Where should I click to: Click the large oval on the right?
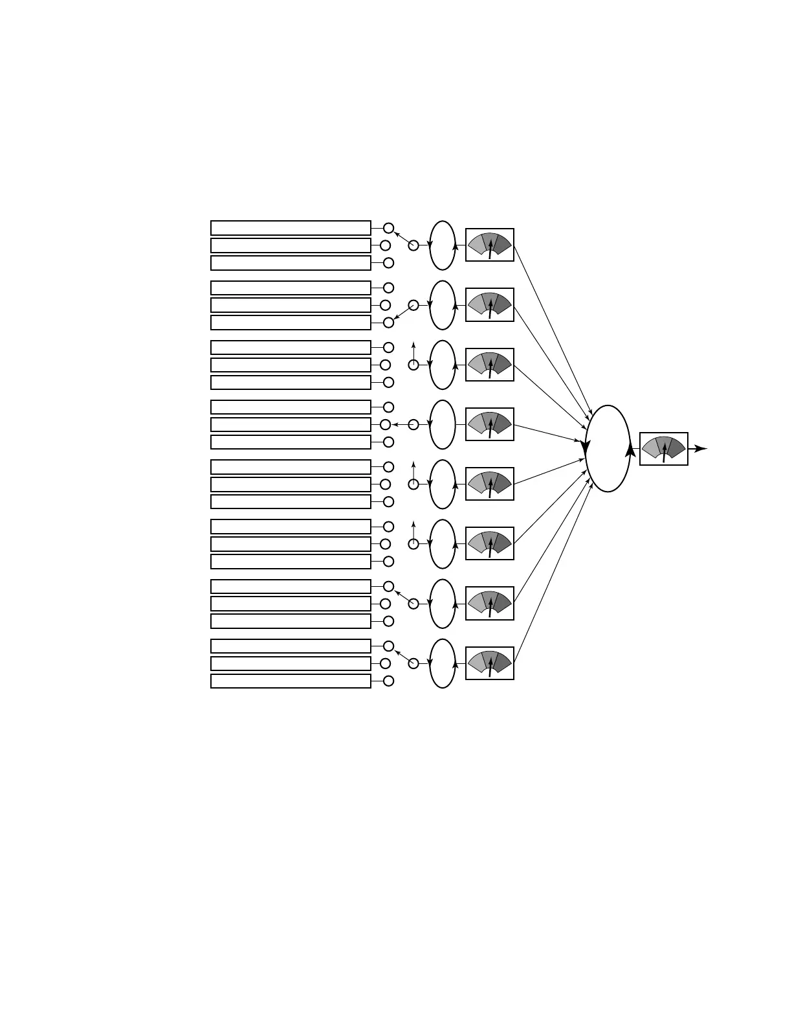coord(607,448)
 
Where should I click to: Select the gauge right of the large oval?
coord(663,449)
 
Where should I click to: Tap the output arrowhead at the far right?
coord(701,448)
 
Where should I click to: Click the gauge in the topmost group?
coord(490,245)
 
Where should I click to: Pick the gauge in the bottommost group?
coord(490,663)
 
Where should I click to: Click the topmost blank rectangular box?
coord(291,228)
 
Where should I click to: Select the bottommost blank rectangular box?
coord(291,681)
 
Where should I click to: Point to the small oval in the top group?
coord(443,245)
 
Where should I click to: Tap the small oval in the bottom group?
coord(443,663)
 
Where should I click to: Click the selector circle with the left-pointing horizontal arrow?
coord(413,424)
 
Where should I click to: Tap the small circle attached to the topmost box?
coord(388,228)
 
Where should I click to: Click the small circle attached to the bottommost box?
coord(388,681)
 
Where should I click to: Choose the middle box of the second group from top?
coord(291,305)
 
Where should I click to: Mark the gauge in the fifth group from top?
coord(490,484)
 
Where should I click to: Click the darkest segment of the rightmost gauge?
coord(676,447)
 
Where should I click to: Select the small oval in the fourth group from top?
coord(443,424)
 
